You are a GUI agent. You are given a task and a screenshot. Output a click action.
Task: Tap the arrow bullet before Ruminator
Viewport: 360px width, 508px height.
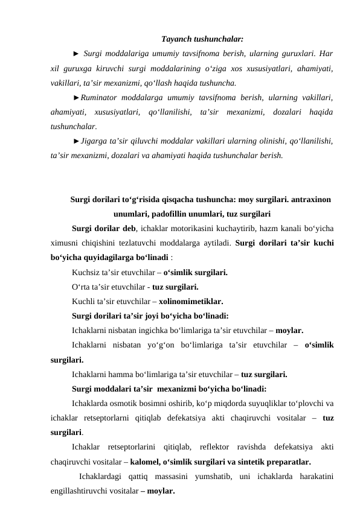click(x=76, y=97)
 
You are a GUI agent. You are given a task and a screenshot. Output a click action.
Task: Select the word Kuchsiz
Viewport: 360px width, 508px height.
click(x=85, y=273)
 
